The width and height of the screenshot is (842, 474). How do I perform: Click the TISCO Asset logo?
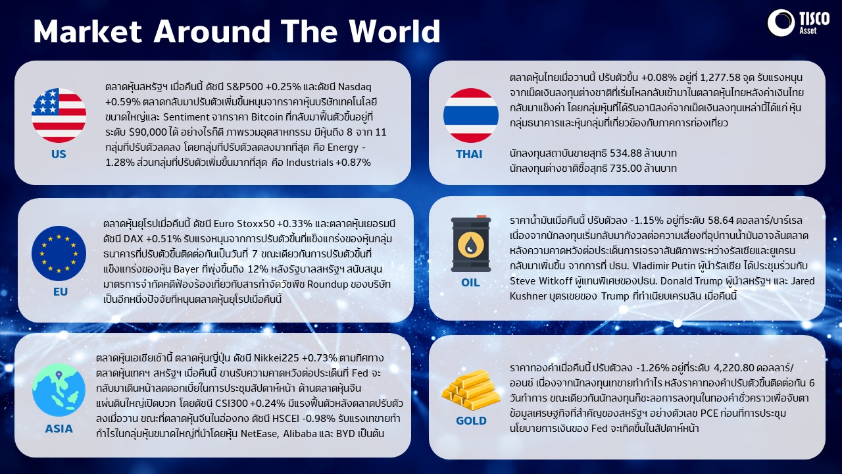point(799,23)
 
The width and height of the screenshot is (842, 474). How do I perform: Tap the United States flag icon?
point(59,115)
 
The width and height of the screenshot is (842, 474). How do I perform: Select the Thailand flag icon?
point(470,115)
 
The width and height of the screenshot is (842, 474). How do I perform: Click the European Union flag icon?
point(59,253)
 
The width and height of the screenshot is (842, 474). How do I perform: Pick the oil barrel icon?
point(470,244)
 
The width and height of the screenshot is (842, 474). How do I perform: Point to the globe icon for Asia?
point(59,390)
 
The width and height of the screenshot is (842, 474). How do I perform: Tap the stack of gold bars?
point(470,390)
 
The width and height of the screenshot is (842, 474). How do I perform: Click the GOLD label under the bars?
point(471,421)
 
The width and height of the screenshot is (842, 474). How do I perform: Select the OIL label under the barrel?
point(470,282)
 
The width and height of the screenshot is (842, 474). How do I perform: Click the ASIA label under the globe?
point(59,429)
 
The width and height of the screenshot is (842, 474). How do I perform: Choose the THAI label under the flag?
point(469,154)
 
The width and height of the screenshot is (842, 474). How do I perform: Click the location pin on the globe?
point(59,375)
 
